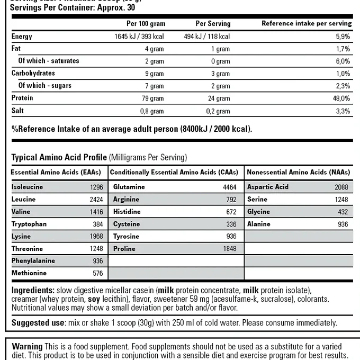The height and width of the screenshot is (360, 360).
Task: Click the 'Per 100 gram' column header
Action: coord(146,24)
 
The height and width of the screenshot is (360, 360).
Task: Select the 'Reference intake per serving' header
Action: coord(307,24)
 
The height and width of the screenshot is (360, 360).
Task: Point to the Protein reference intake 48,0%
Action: coord(341,98)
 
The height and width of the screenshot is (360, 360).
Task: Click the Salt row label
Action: coord(17,111)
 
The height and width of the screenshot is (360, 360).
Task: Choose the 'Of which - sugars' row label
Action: coord(45,86)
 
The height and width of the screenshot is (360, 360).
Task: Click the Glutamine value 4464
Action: coord(229,187)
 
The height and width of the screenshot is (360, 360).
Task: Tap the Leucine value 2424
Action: coord(95,200)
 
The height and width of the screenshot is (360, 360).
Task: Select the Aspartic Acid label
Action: coord(267,187)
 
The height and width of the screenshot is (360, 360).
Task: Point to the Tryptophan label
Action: coord(29,224)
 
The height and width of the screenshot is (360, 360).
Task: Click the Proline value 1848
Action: coord(229,249)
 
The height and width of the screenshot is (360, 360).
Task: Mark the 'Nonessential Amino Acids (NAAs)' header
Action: coord(298,173)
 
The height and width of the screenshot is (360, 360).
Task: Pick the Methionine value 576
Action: coord(97,273)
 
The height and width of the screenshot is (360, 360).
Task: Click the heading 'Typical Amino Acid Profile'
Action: coord(59,158)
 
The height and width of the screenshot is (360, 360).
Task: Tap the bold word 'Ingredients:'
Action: coord(33,291)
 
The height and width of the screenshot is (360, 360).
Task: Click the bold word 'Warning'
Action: coord(27,346)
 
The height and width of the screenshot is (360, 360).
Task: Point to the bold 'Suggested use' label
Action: coord(37,322)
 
